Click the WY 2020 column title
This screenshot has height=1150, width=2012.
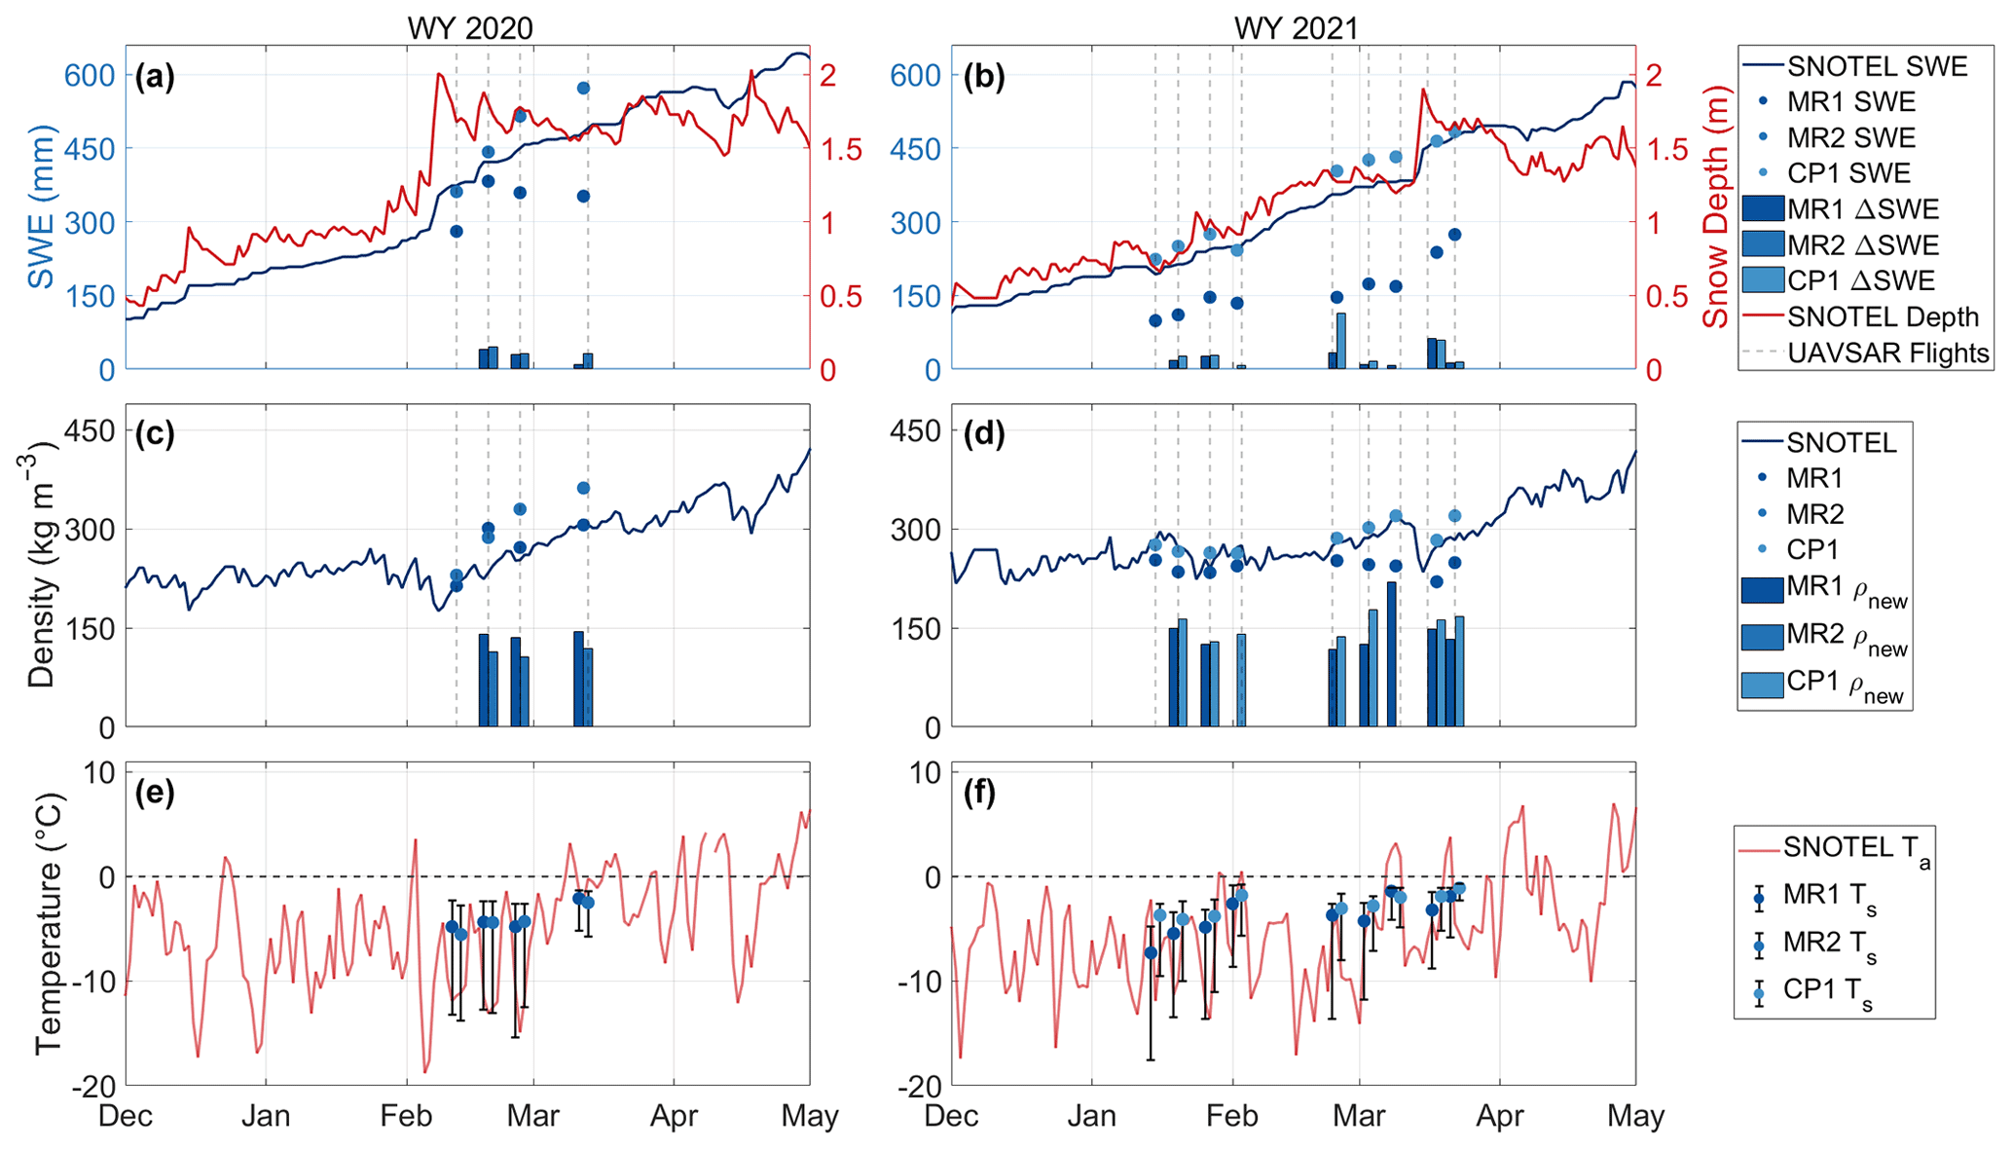point(469,27)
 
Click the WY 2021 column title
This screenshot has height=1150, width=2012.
point(1296,27)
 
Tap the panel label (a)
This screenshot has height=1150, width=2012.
point(155,76)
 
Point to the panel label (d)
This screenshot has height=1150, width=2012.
point(982,433)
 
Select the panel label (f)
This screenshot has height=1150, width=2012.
point(980,793)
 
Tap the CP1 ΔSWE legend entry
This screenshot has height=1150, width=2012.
point(1860,280)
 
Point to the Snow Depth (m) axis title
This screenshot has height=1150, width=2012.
point(1715,207)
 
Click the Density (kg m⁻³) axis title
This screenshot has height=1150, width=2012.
point(41,565)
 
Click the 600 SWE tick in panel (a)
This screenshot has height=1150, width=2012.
point(90,75)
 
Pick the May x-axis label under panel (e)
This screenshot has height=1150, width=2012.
point(809,1116)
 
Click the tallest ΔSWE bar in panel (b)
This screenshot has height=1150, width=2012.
point(1341,341)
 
